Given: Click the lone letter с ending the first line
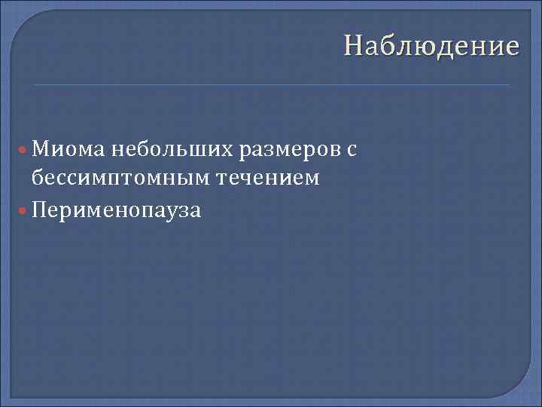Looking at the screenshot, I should pos(351,150).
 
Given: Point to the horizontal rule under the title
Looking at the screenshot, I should pos(271,84).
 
